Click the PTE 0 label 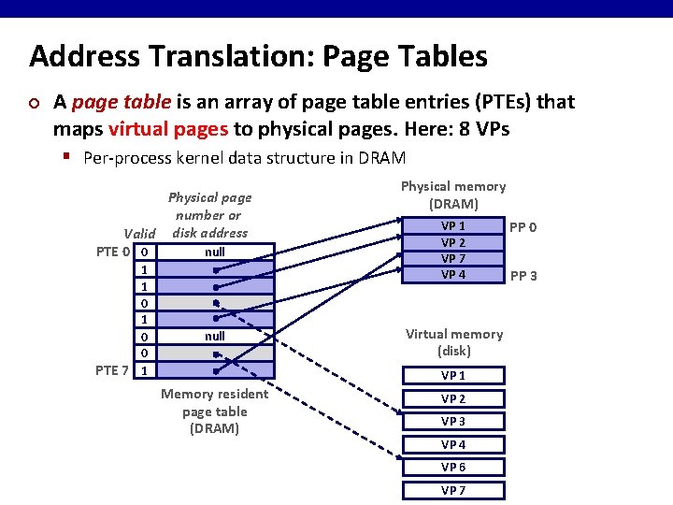pyautogui.click(x=113, y=252)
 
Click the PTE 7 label pyautogui.click(x=113, y=370)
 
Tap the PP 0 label pyautogui.click(x=523, y=227)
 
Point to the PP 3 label pyautogui.click(x=523, y=276)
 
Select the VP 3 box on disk pyautogui.click(x=454, y=422)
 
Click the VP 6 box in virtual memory pyautogui.click(x=454, y=468)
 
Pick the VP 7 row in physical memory pyautogui.click(x=454, y=258)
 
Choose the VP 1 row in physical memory pyautogui.click(x=454, y=226)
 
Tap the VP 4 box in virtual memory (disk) pyautogui.click(x=454, y=445)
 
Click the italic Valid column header pyautogui.click(x=139, y=234)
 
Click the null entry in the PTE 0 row pyautogui.click(x=215, y=252)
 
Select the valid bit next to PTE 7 pyautogui.click(x=144, y=370)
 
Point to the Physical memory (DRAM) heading pyautogui.click(x=453, y=195)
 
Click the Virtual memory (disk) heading pyautogui.click(x=454, y=342)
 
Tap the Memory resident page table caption pyautogui.click(x=214, y=411)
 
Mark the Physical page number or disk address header pyautogui.click(x=209, y=215)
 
